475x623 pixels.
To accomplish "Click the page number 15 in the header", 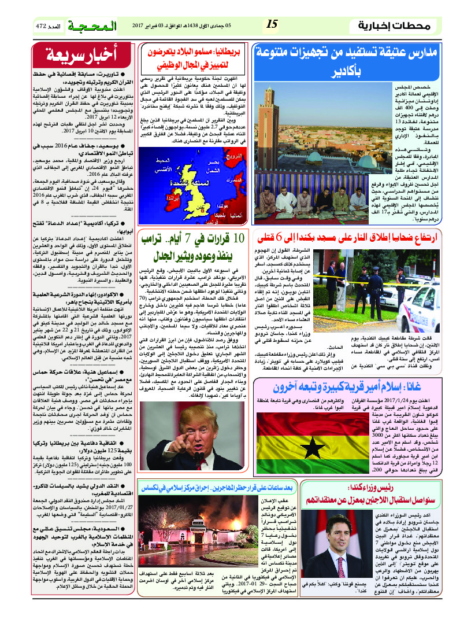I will [272, 24].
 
